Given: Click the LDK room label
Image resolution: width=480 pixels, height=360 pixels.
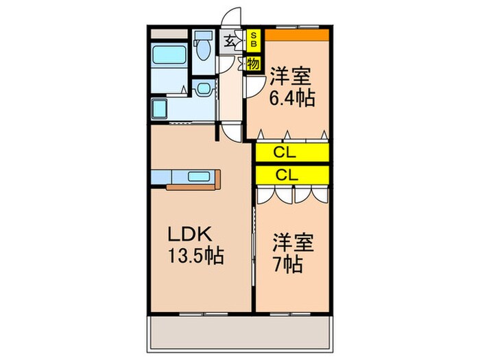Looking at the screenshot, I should click(x=190, y=235).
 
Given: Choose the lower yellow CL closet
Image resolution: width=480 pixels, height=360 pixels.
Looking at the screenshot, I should click(x=292, y=174).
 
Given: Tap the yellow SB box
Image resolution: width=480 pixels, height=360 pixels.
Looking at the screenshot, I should click(x=252, y=38).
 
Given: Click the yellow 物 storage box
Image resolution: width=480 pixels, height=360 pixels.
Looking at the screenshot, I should click(x=252, y=64).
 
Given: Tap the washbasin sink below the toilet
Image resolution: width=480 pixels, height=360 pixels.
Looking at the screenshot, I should click(x=204, y=88).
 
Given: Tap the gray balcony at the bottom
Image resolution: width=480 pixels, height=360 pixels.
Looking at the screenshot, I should click(x=240, y=333).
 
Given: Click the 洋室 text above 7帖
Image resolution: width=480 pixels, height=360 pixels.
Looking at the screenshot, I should click(x=294, y=242).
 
